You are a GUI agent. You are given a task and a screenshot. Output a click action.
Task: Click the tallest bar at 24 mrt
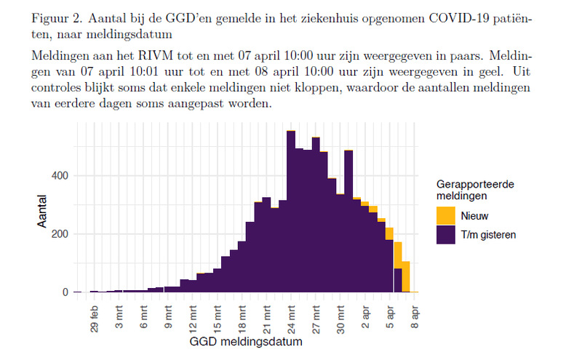coord(291,211)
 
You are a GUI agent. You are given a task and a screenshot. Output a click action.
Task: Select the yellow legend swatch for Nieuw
coord(445,216)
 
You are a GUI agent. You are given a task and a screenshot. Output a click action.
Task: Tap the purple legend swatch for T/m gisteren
coord(445,234)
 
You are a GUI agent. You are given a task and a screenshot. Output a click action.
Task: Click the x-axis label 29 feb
coord(94,317)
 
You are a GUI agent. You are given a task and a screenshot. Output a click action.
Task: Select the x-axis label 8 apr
coord(415,314)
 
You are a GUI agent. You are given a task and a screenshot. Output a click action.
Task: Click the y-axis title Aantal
coord(43,212)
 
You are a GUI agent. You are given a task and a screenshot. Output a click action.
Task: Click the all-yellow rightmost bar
coord(406,277)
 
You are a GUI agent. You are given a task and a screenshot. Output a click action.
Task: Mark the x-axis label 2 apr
coord(366,315)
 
